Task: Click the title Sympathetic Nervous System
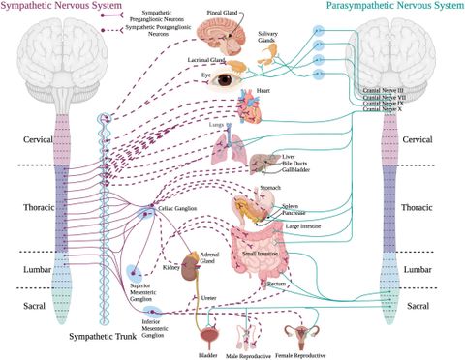click(x=54, y=8)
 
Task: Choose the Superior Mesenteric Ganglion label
click(x=147, y=289)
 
